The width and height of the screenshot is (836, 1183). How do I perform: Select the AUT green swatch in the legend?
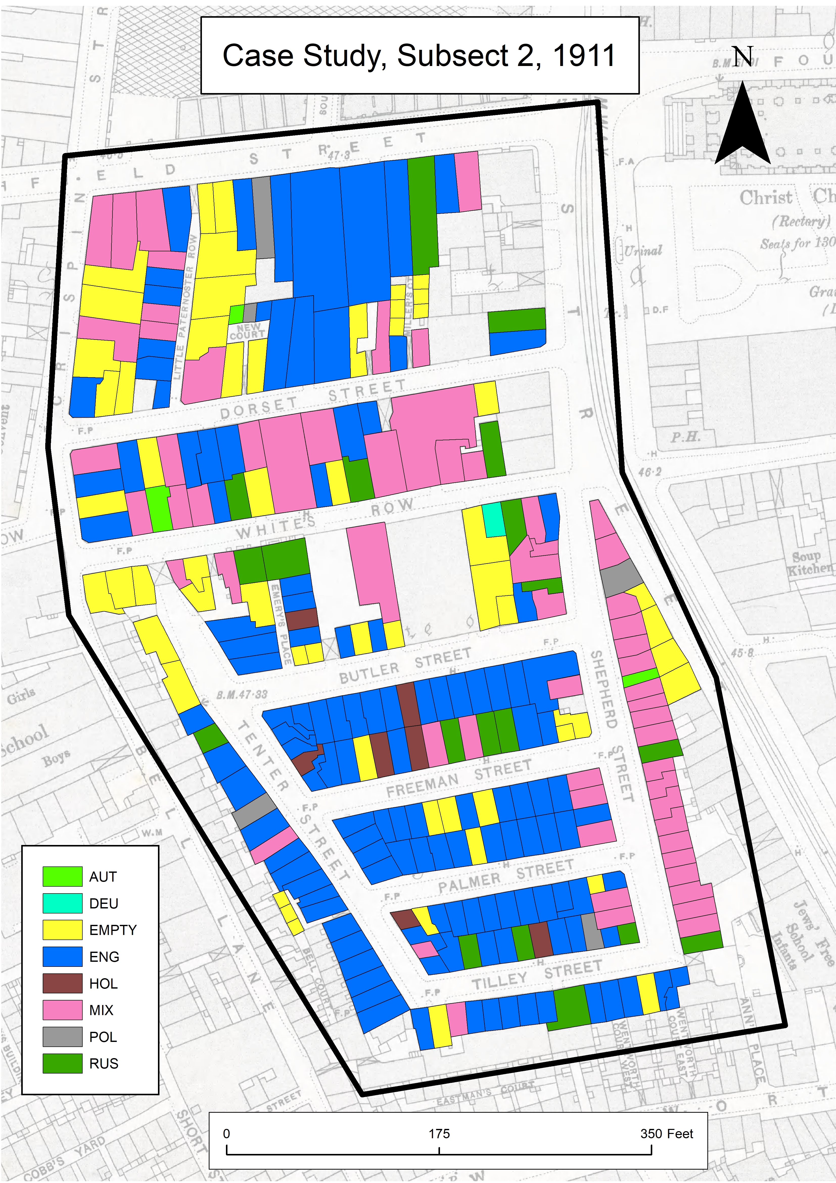coord(62,876)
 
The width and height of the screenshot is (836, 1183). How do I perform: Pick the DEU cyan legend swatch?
coord(62,903)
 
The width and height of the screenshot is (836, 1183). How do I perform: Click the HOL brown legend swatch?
coord(62,983)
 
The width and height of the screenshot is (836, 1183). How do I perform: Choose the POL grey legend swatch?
coord(62,1037)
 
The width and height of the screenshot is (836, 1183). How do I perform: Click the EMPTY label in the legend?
coord(113,930)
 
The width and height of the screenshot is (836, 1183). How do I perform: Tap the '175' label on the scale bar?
coord(439,1133)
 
